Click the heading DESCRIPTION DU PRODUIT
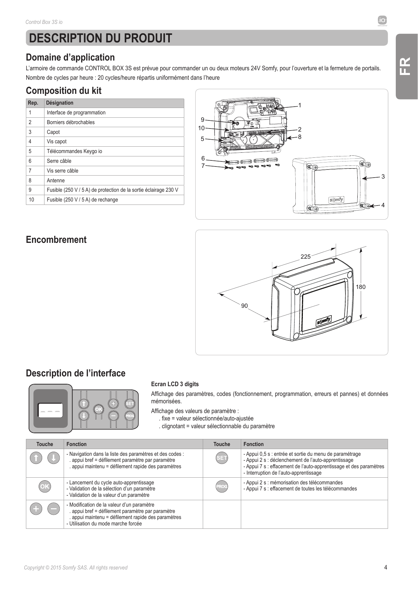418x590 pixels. tap(101, 38)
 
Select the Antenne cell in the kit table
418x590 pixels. tap(114, 180)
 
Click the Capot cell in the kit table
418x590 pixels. tap(114, 132)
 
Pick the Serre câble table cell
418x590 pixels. tap(114, 161)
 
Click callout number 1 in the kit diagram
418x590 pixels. tap(300, 106)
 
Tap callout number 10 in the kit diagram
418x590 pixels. tap(201, 128)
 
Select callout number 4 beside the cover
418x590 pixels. tap(383, 205)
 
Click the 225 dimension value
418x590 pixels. tap(306, 257)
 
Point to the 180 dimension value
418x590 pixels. tap(361, 287)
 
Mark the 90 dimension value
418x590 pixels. tap(245, 306)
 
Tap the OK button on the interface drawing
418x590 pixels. tap(98, 409)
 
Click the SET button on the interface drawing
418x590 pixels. tap(130, 403)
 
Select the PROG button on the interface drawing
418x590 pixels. tap(130, 416)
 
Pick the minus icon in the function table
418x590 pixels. tap(54, 509)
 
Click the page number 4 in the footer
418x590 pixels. tap(386, 567)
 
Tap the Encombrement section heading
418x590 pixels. tap(56, 240)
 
